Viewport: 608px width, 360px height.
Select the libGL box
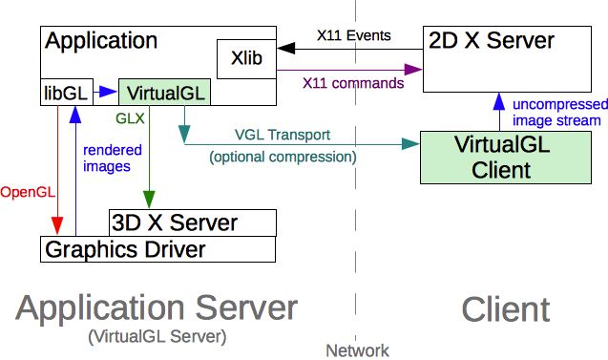(64, 93)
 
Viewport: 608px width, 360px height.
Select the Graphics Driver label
(123, 249)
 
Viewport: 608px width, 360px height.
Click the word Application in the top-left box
(101, 41)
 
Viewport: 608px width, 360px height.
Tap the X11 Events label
(354, 36)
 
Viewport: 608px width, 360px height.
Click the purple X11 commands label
(352, 83)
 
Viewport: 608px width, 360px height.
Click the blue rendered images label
(113, 158)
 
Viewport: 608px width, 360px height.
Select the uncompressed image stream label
(556, 112)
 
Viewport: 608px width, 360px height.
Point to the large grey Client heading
(505, 309)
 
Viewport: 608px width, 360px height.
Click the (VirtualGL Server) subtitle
(156, 336)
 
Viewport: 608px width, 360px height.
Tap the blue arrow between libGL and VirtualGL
(104, 93)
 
